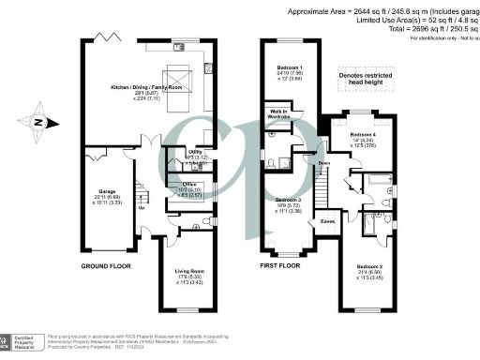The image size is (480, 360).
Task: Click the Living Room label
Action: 190,271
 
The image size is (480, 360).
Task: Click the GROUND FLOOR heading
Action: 105,266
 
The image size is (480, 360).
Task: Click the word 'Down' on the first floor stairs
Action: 324,163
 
